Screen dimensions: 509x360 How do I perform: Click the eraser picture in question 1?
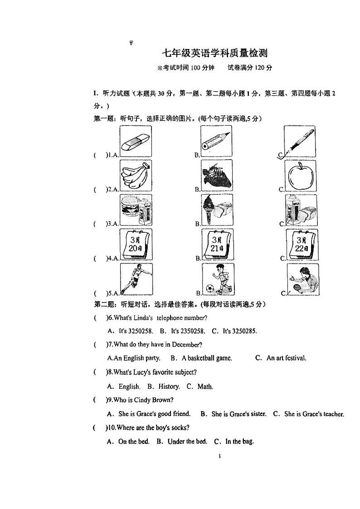(x=136, y=142)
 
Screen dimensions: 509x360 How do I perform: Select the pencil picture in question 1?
(x=217, y=142)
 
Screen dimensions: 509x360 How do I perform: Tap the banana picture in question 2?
(x=136, y=175)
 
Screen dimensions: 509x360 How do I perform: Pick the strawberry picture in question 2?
(x=217, y=175)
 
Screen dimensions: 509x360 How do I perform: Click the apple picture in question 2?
(x=300, y=175)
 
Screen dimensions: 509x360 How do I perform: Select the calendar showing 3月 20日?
(x=136, y=244)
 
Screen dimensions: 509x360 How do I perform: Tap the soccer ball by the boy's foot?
(x=210, y=288)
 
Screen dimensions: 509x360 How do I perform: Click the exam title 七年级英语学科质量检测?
(x=214, y=53)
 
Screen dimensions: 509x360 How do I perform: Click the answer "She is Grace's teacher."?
(x=314, y=414)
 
